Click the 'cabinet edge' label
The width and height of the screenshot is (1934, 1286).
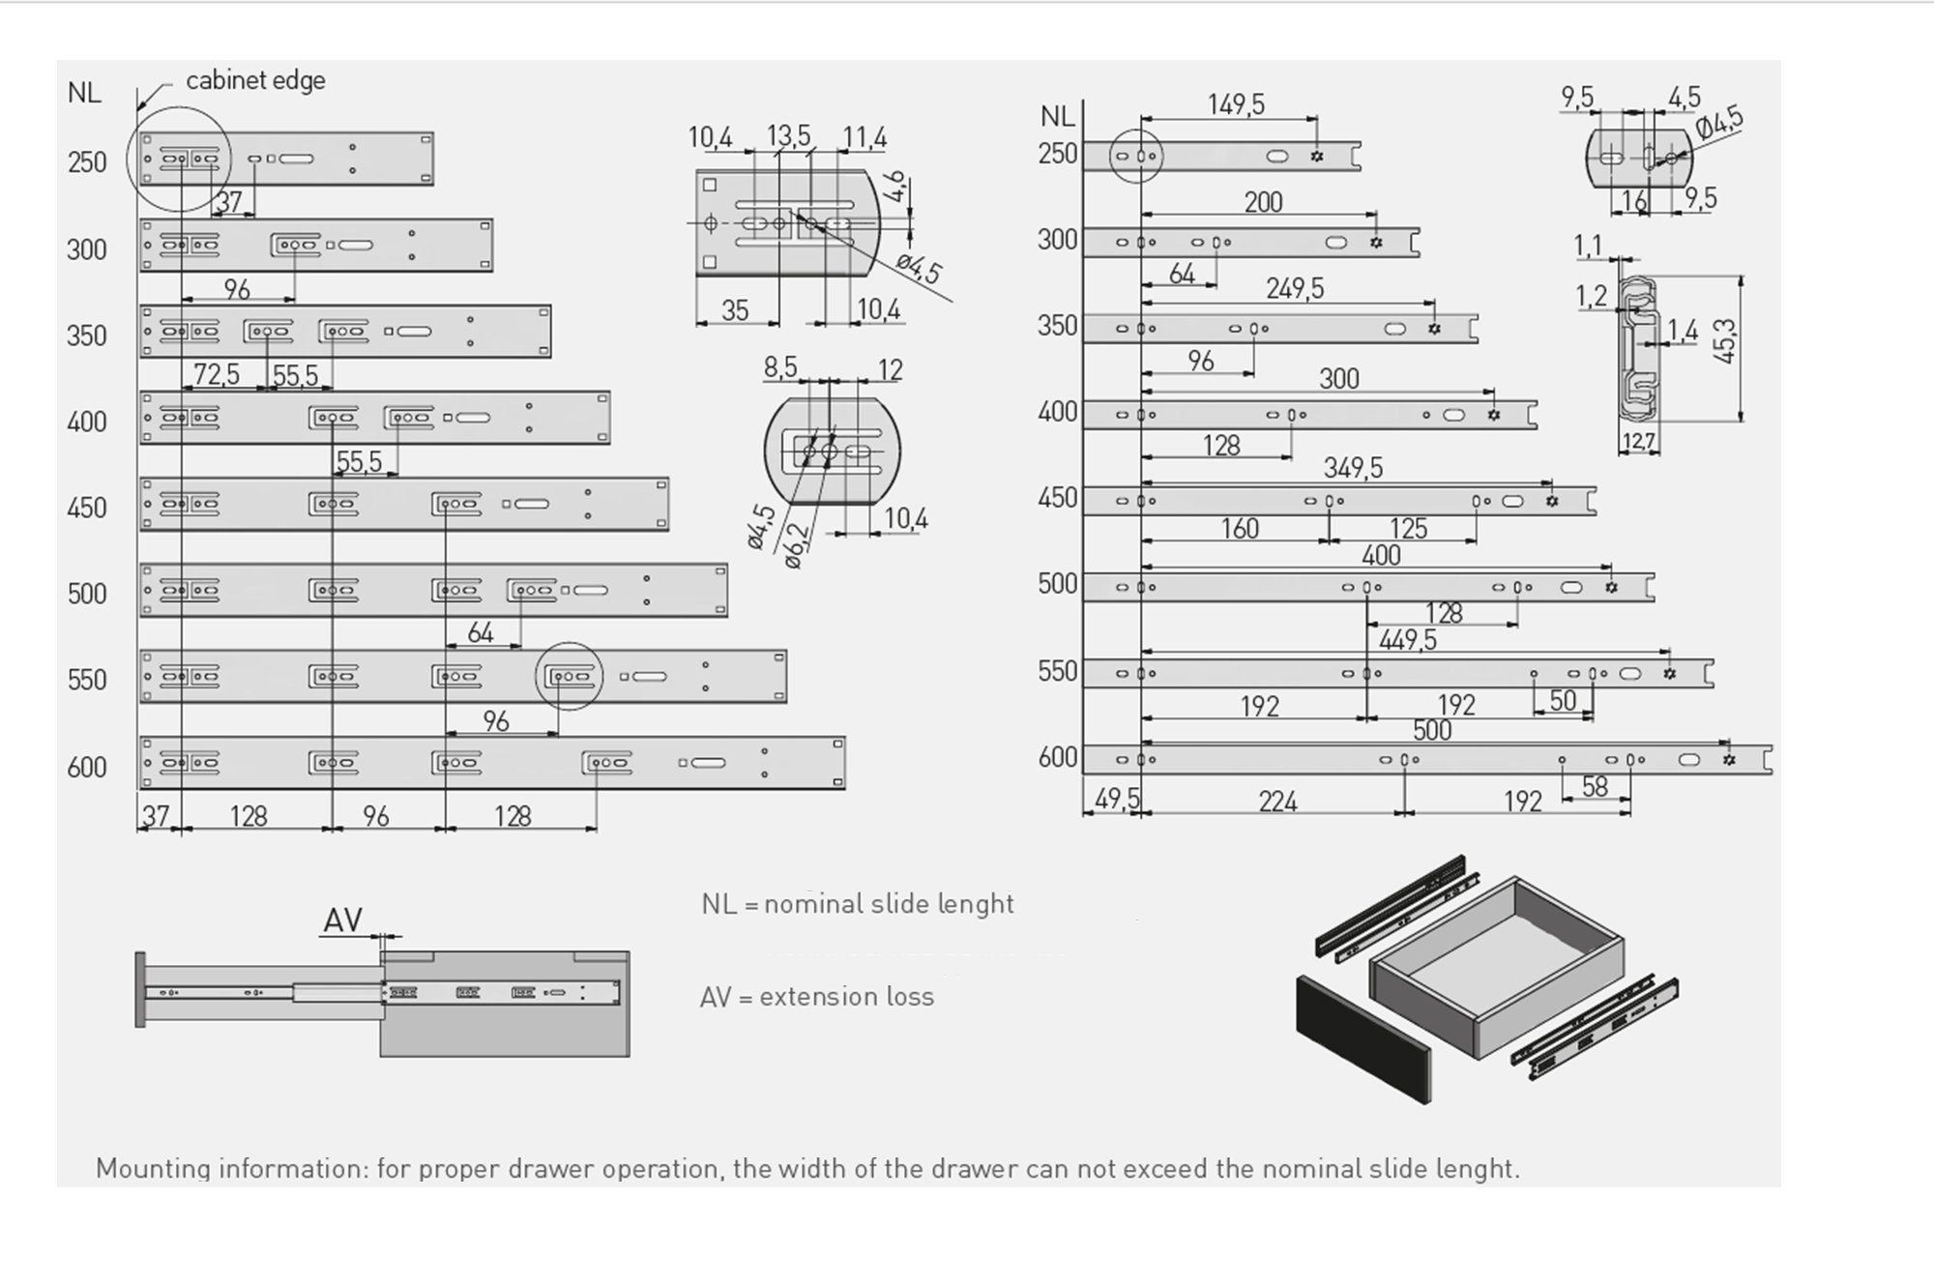click(255, 81)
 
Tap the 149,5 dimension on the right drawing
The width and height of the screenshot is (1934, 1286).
click(1236, 104)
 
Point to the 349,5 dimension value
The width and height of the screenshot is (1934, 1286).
click(1353, 468)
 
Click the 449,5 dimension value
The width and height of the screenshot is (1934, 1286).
click(1407, 640)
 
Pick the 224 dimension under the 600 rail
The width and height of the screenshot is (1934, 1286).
click(1277, 802)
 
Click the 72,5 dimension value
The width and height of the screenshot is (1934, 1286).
click(217, 374)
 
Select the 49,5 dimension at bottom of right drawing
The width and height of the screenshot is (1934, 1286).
click(1117, 801)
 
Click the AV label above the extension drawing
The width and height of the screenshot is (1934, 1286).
click(342, 921)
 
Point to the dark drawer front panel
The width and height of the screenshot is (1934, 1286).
click(1363, 1039)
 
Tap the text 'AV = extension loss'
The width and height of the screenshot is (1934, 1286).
click(817, 997)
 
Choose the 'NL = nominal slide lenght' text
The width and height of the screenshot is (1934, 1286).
click(858, 904)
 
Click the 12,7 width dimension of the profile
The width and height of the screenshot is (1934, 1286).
click(1638, 442)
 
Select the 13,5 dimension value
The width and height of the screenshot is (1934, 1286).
click(788, 136)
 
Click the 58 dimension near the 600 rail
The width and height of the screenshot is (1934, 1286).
click(1595, 787)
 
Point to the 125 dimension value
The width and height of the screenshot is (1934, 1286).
click(1408, 529)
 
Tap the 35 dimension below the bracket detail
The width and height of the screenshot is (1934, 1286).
click(735, 310)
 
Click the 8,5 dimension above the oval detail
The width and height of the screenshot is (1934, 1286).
click(780, 368)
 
